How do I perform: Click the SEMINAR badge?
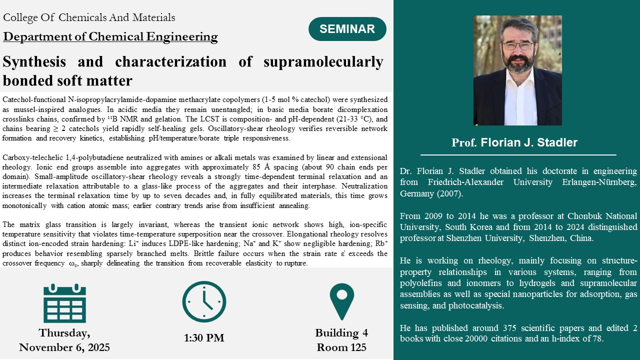coord(347,29)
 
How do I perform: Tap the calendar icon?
coord(64,303)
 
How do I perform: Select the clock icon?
coord(204,301)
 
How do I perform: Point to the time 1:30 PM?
coord(204,338)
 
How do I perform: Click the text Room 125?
coord(341,347)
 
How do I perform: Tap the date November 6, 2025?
coord(64,347)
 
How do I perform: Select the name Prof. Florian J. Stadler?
coord(514,142)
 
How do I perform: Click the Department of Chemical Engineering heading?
coord(110,36)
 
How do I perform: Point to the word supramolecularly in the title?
coord(323,61)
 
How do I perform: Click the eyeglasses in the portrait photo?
coord(517,45)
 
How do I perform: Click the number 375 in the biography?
coord(509,327)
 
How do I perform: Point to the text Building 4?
coord(341,333)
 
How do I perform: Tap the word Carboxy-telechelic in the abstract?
coord(33,157)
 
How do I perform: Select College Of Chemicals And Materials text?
coord(89,17)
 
